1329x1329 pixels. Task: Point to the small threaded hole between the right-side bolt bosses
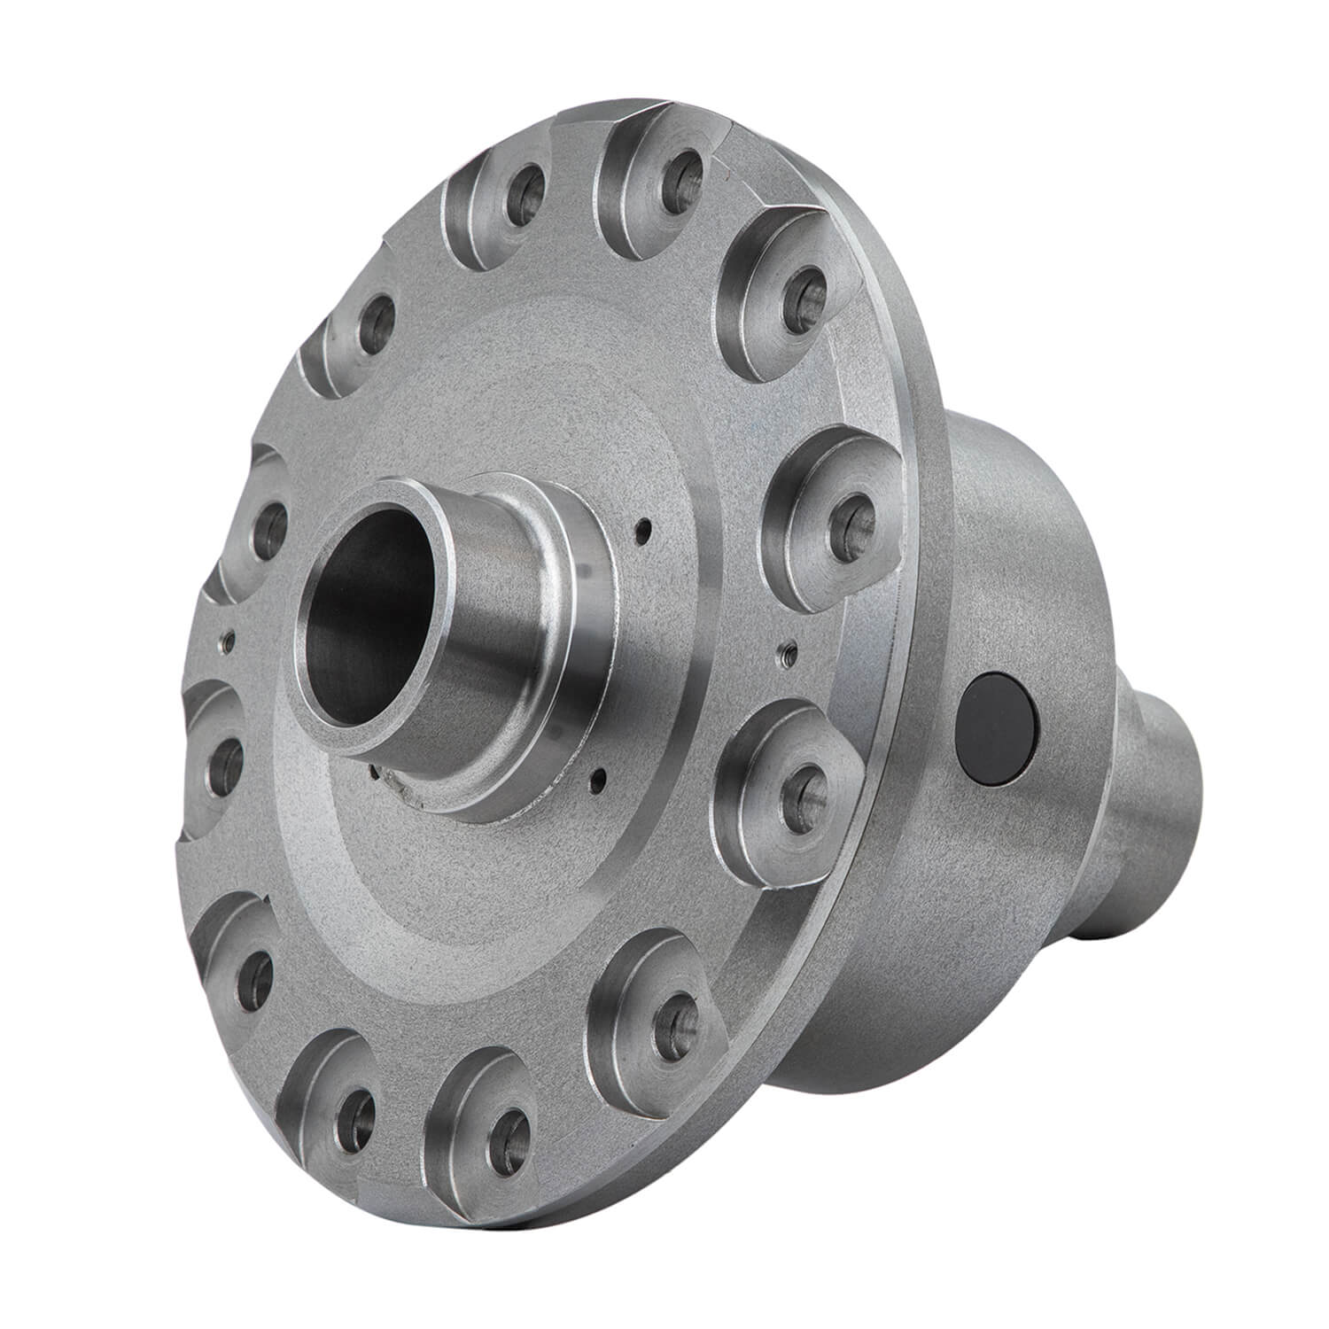[x=782, y=654]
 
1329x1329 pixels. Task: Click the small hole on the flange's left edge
[x=229, y=635]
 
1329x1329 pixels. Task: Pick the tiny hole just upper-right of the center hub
[x=644, y=532]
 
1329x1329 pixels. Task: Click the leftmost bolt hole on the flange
[x=226, y=758]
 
